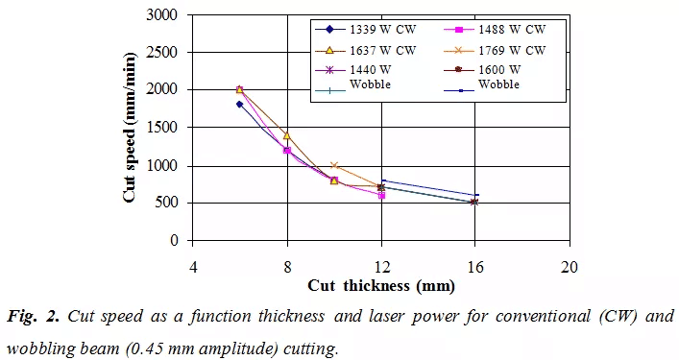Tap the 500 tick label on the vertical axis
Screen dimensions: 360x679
point(169,204)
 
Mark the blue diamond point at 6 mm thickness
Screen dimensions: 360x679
point(240,104)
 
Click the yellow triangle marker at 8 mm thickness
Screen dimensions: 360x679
point(287,135)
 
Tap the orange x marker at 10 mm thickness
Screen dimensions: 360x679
point(334,165)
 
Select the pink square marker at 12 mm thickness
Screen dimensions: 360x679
point(381,196)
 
